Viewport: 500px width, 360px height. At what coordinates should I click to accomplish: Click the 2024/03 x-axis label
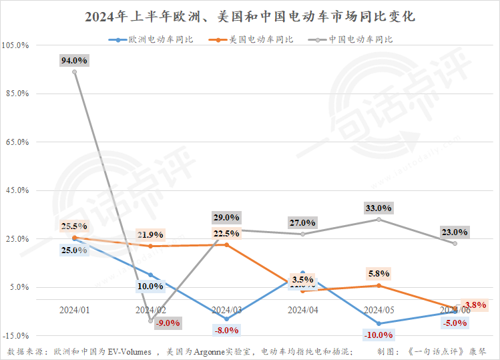point(226,311)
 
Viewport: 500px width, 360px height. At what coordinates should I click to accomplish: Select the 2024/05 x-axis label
point(379,311)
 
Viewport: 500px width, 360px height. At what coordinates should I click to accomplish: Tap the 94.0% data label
point(74,60)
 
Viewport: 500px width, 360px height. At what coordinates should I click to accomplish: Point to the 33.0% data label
point(379,208)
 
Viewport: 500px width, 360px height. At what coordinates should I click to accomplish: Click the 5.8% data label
point(379,274)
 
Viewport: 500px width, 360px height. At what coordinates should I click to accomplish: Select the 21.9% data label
point(150,234)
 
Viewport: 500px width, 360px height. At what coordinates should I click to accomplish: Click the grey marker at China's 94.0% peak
point(74,72)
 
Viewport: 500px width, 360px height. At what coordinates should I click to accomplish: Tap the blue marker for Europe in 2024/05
point(379,323)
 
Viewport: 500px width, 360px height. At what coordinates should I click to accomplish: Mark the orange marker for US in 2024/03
point(226,244)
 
